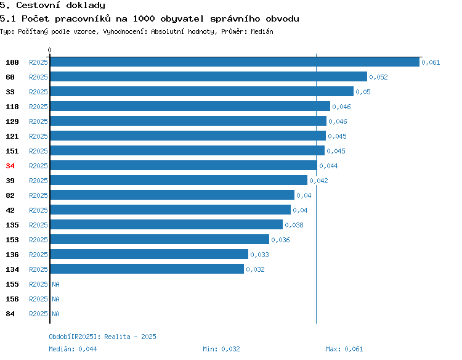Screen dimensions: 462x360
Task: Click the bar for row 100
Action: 235,62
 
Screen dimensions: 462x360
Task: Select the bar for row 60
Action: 209,76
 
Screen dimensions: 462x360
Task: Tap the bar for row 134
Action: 147,269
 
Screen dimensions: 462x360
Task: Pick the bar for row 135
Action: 166,224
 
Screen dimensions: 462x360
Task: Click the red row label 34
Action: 10,166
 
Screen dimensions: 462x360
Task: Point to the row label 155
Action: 12,284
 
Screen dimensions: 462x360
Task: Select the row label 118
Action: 12,107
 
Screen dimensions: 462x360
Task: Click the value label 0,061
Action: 431,62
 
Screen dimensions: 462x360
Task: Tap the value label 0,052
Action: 378,77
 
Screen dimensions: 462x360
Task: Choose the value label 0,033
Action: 259,255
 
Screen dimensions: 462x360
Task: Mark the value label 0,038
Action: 294,225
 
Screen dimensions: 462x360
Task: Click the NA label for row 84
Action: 55,314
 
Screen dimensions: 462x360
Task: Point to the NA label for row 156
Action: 55,299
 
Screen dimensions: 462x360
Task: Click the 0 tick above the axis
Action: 49,50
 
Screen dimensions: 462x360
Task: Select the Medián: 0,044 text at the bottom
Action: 73,349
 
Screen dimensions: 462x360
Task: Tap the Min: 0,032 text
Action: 221,349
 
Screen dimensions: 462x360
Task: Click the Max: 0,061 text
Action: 344,349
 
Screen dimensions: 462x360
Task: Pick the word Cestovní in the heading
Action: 38,6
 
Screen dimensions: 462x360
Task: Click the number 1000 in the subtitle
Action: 144,19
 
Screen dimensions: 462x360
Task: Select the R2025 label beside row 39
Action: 38,181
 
